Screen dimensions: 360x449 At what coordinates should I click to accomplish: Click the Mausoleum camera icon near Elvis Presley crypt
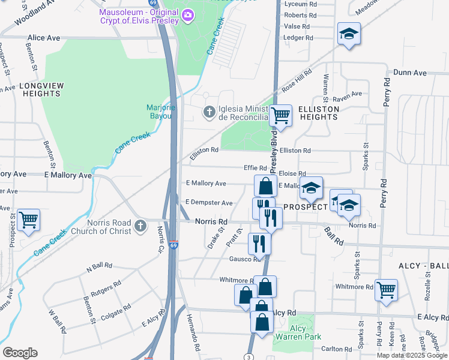coord(188,14)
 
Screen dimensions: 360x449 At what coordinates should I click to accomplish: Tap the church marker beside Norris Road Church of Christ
coord(140,226)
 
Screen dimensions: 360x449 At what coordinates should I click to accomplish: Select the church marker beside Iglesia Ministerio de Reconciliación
coord(209,112)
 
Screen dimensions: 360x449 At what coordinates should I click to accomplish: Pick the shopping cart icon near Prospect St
coord(28,220)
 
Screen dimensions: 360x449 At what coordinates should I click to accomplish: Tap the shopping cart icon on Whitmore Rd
coord(386,290)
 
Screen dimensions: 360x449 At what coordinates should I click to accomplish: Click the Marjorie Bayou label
coord(160,112)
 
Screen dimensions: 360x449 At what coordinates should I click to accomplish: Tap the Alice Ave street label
coord(44,38)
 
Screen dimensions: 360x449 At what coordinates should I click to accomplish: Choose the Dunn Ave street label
coord(409,73)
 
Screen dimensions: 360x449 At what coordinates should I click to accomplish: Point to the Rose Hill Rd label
coord(297,79)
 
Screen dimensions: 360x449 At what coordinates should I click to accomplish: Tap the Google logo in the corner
coord(20,353)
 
